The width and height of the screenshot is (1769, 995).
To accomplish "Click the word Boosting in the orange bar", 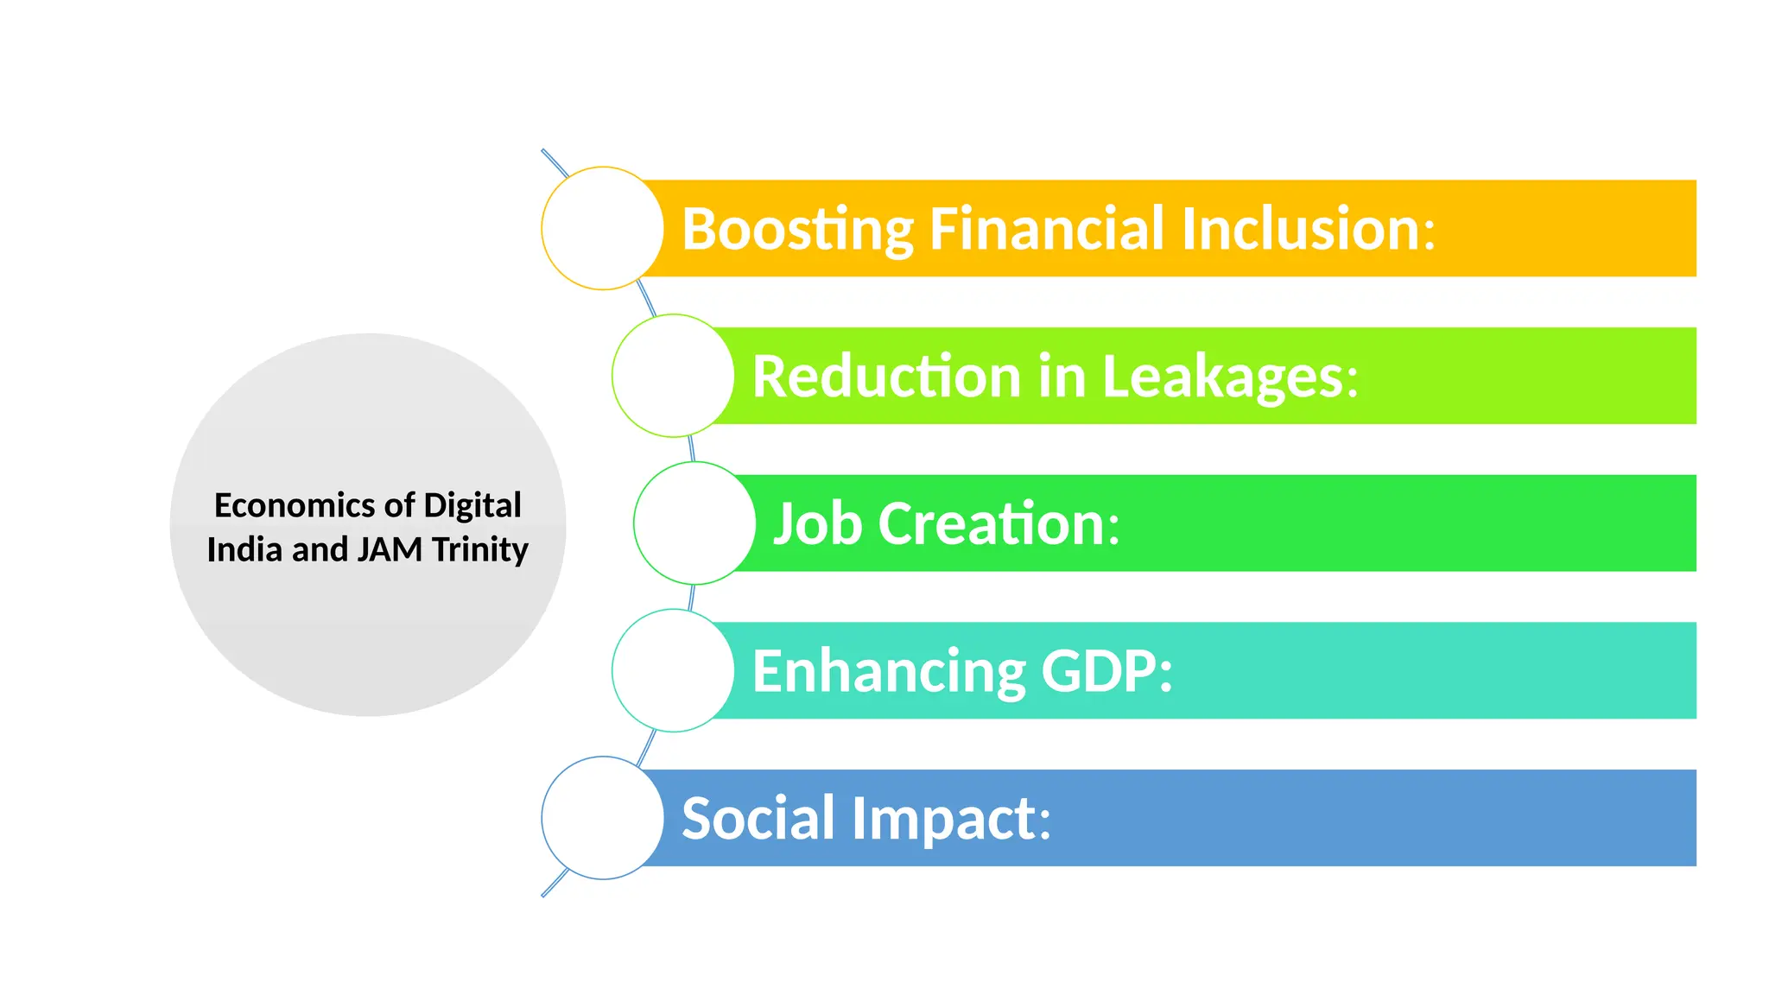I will tap(797, 230).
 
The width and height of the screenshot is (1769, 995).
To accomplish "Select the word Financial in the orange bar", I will tap(1046, 229).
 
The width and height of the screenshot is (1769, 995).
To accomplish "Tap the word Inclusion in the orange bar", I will tap(1307, 229).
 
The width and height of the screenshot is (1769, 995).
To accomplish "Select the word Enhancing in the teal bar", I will tap(889, 672).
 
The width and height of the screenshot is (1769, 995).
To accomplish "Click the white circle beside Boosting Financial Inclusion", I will tap(603, 228).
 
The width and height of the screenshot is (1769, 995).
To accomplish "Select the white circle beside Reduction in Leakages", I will tap(673, 376).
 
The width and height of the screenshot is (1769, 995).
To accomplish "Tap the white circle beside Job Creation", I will tap(694, 523).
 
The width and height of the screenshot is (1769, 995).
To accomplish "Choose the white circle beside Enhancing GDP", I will tap(673, 671).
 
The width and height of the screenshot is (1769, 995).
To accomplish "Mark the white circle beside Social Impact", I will tap(603, 818).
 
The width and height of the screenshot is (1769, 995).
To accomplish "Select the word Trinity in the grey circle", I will tap(480, 550).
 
